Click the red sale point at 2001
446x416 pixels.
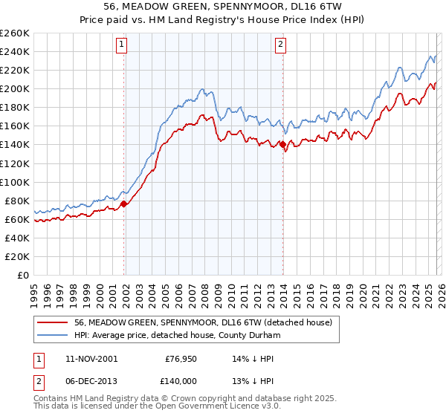click(x=124, y=204)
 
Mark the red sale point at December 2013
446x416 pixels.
click(x=283, y=144)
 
